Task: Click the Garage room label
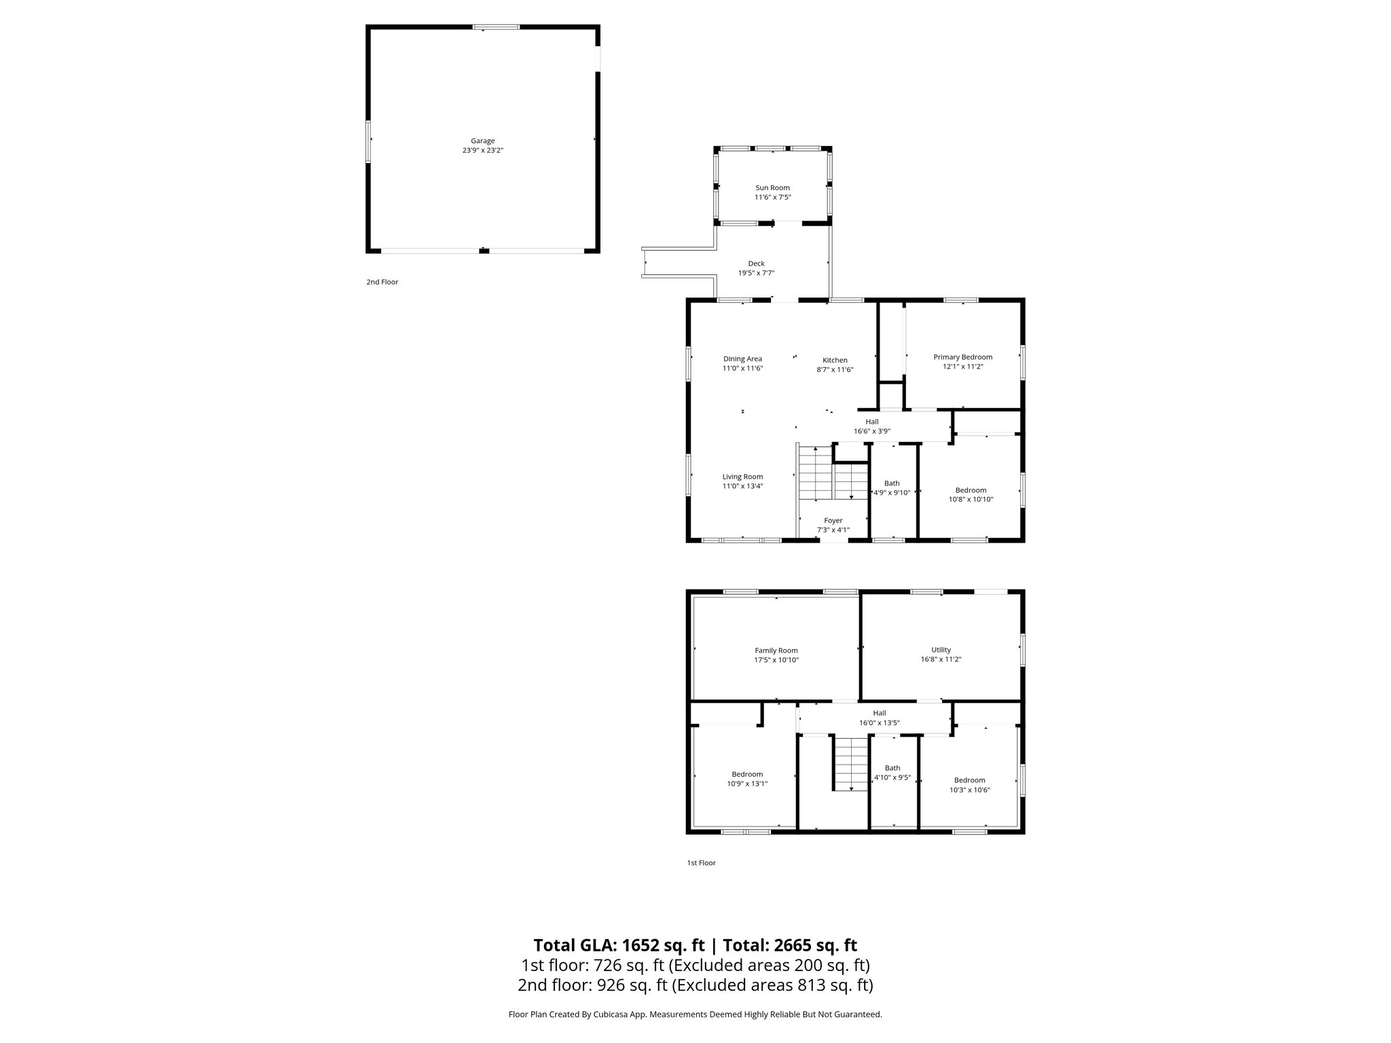(482, 141)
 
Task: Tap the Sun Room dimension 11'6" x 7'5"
(772, 198)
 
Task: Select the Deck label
(756, 263)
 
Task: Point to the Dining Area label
(742, 359)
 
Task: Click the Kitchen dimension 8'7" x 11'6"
(835, 370)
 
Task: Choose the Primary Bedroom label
(962, 357)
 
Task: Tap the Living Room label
(742, 477)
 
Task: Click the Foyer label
(833, 521)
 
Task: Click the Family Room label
(776, 651)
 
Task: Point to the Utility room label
(941, 650)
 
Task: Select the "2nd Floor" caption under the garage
(382, 282)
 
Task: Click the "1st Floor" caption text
(701, 863)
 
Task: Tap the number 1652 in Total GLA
(641, 945)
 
